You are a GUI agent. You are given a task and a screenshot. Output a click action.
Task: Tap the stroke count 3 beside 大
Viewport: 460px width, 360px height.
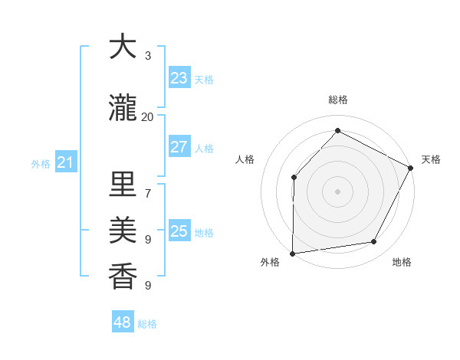click(x=147, y=56)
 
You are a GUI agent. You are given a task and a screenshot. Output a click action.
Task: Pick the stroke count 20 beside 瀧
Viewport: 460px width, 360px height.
click(x=147, y=117)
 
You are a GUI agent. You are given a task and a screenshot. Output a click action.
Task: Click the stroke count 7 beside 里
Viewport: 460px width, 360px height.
click(x=147, y=194)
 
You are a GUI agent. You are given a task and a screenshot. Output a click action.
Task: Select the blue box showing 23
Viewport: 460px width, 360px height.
click(x=179, y=78)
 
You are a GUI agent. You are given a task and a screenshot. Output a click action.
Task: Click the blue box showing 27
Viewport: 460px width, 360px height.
click(x=179, y=147)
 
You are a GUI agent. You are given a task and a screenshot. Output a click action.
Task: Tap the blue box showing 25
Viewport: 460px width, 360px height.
click(x=179, y=231)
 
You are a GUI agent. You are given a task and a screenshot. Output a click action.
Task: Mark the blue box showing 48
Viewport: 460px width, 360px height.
click(x=123, y=322)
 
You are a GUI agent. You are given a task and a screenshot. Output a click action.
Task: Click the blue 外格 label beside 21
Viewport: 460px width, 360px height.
click(x=41, y=164)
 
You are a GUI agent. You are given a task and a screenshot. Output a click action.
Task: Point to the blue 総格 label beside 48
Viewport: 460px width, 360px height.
click(x=147, y=324)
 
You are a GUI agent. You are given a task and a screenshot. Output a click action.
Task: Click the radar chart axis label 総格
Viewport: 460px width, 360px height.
click(x=337, y=100)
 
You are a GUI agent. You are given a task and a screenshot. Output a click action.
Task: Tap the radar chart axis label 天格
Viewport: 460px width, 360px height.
click(x=431, y=159)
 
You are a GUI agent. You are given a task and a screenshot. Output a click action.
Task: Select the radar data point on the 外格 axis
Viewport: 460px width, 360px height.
click(x=292, y=253)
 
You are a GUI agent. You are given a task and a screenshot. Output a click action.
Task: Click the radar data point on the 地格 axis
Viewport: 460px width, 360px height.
click(x=374, y=242)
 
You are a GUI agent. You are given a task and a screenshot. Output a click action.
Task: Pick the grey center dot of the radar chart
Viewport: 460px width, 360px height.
click(x=337, y=191)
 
